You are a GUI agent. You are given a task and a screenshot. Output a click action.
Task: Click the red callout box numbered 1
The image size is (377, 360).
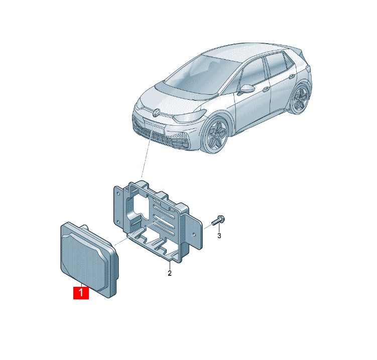[81, 293]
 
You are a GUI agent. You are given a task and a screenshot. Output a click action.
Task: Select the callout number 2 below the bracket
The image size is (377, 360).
[170, 273]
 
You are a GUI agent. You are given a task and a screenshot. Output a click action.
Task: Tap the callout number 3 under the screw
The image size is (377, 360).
[219, 236]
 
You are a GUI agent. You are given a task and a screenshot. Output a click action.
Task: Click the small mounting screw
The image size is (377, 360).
[218, 221]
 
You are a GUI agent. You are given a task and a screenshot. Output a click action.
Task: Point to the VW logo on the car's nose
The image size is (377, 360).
[157, 112]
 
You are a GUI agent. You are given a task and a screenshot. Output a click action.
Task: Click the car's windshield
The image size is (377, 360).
[202, 73]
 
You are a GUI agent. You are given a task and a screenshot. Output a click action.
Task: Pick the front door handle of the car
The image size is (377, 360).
[266, 89]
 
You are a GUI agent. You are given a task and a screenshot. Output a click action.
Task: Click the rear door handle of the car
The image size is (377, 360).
[292, 77]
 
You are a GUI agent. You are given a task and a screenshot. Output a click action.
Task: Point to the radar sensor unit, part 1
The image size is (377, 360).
[89, 260]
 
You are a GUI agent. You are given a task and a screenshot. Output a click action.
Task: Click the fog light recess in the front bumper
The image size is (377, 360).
[182, 143]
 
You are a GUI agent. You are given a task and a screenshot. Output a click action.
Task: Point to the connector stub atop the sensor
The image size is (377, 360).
[84, 228]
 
